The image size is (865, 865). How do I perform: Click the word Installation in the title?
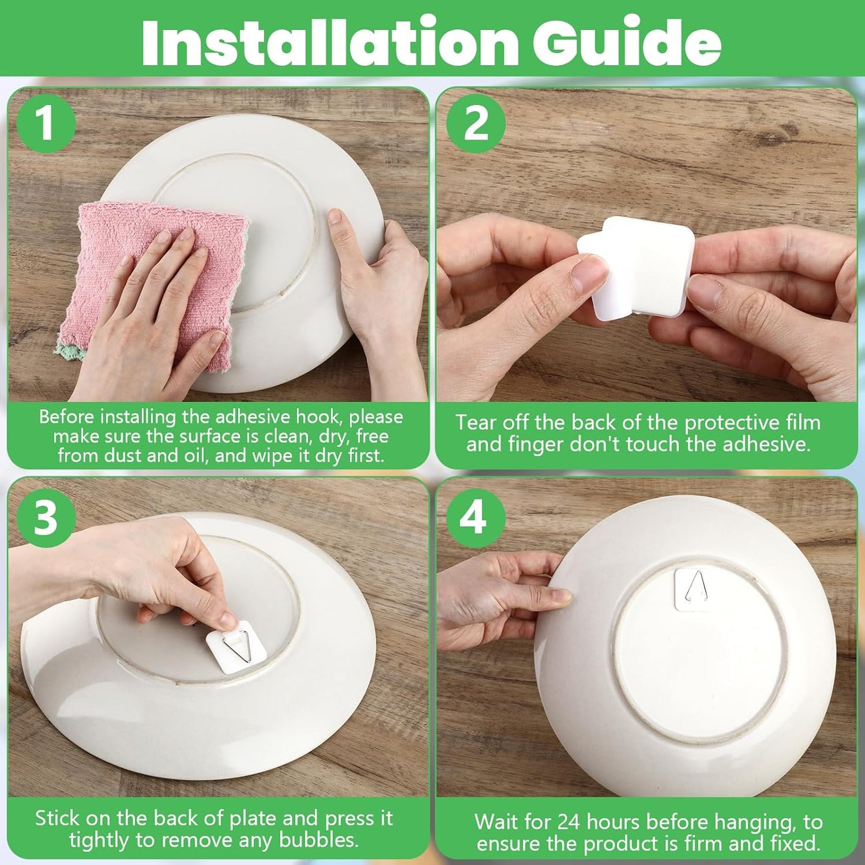tap(329, 42)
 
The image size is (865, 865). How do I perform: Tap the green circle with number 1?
tap(45, 126)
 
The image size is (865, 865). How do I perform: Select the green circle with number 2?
tap(476, 125)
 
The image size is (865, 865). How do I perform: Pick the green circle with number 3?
tap(45, 518)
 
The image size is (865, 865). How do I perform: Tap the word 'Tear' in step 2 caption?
tap(476, 423)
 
